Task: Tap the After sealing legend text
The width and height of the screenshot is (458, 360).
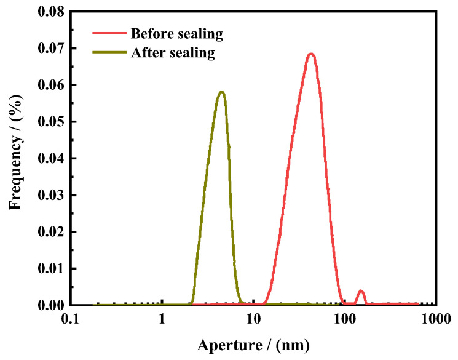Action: pyautogui.click(x=173, y=53)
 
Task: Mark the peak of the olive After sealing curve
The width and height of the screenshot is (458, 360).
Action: pyautogui.click(x=221, y=92)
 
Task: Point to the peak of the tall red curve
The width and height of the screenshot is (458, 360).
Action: pyautogui.click(x=311, y=54)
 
